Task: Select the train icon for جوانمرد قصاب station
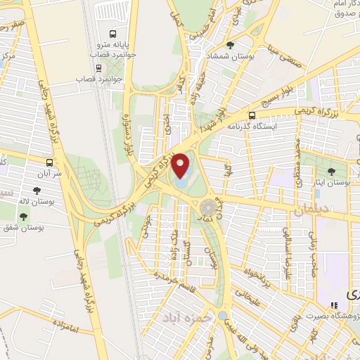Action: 98,69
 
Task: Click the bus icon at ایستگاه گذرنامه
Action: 252,115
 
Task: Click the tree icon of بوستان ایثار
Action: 331,171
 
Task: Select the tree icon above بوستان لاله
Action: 36,190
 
